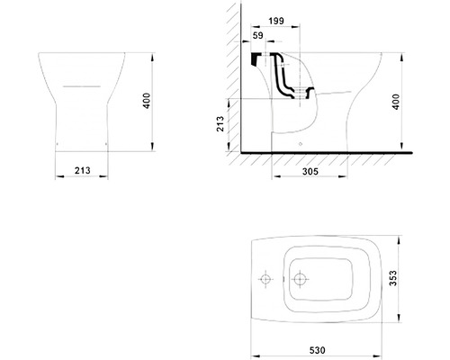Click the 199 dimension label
pos(276,21)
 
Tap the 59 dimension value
pos(257,35)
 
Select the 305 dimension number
pos(310,171)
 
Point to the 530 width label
pos(318,350)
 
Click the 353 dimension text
pos(392,278)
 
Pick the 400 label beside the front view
pos(147,101)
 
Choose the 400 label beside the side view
pos(396,102)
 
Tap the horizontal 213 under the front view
pos(82,170)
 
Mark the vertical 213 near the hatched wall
pos(220,123)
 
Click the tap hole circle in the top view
pos(265,279)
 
